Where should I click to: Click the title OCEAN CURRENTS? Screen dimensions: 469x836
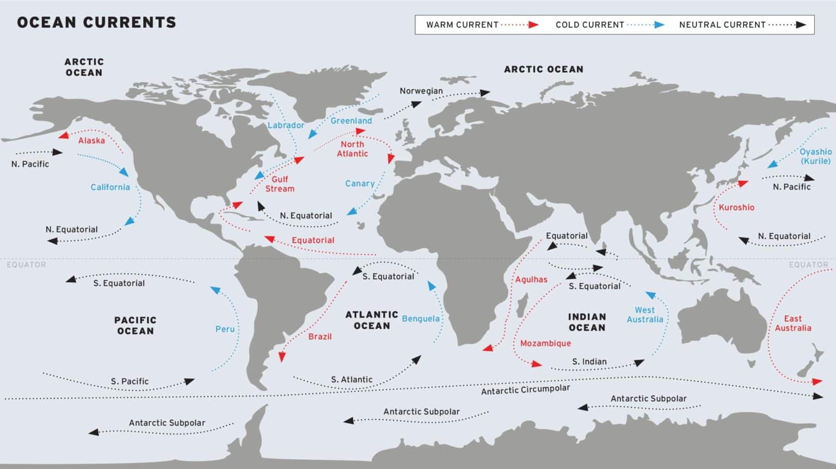97,22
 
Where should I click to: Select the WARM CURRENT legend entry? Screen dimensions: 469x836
462,25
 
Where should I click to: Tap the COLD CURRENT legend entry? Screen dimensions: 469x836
589,25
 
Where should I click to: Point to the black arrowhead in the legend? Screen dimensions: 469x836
801,25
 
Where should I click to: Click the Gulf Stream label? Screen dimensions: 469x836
280,184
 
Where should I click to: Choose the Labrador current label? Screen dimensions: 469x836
286,125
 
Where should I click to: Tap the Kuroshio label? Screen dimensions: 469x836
736,208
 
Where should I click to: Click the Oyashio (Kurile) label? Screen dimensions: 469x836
815,156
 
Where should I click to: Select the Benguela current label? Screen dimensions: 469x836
421,319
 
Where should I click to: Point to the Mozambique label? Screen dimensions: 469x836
545,343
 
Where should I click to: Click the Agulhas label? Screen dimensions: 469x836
531,279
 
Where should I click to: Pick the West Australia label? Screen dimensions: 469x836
645,315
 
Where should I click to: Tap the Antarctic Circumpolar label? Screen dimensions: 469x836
525,389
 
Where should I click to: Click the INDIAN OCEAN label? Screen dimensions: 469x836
587,322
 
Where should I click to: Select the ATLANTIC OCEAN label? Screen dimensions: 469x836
372,320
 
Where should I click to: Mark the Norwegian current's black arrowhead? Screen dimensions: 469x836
484,93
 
